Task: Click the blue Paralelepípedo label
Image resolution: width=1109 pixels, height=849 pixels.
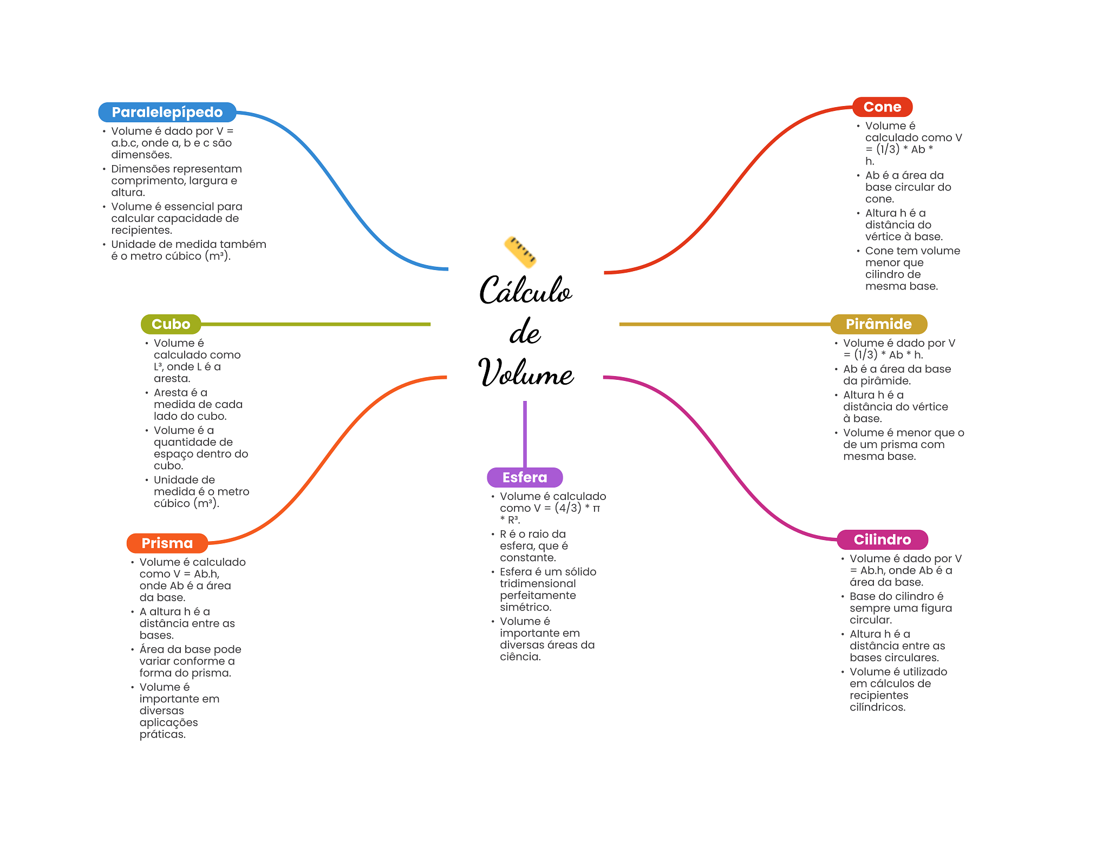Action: click(167, 112)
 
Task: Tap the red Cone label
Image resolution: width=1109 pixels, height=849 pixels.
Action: click(882, 107)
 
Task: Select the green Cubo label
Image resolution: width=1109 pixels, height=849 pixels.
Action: click(171, 324)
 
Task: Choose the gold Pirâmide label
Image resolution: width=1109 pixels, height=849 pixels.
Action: click(878, 324)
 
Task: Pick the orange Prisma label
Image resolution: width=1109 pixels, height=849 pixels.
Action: click(167, 543)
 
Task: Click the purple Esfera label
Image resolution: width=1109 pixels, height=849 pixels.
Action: click(525, 477)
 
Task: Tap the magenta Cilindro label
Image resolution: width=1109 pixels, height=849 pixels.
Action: click(882, 539)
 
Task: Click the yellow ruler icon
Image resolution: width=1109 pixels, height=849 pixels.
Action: click(520, 252)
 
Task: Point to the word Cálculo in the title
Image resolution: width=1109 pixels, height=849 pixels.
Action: click(525, 291)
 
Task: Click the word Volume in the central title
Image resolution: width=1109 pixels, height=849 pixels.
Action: click(525, 373)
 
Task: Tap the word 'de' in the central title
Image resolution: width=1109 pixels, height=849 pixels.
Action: click(525, 332)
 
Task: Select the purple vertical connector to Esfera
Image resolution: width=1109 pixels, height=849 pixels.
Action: click(525, 433)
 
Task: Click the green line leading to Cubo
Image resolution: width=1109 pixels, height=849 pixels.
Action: click(314, 324)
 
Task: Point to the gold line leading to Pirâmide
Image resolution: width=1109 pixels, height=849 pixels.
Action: click(726, 324)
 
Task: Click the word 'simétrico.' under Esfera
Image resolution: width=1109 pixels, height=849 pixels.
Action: click(525, 607)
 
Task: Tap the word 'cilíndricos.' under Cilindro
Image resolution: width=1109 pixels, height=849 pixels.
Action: click(877, 707)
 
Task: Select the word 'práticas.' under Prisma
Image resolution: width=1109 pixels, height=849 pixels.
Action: click(162, 734)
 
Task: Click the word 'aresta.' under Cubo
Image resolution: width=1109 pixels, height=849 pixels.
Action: click(172, 379)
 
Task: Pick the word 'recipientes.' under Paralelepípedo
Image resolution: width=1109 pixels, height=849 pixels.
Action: click(141, 231)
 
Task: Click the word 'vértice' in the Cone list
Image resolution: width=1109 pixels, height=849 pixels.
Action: click(883, 237)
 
